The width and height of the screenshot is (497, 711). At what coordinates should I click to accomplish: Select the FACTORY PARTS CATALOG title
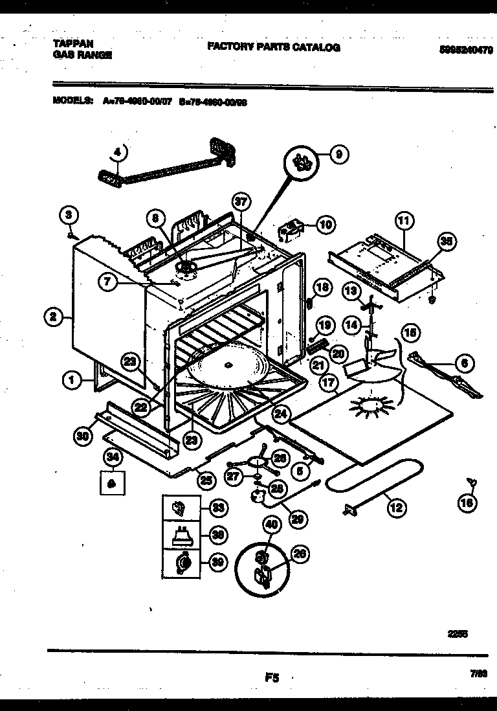[x=273, y=47]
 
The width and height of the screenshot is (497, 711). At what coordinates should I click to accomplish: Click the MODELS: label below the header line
[x=71, y=101]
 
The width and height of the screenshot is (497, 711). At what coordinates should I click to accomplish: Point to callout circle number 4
[x=117, y=153]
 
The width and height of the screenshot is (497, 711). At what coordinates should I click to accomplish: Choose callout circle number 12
[x=395, y=508]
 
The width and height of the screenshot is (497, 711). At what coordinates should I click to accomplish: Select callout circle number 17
[x=328, y=383]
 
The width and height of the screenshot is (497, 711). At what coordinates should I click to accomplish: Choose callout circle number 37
[x=241, y=203]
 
